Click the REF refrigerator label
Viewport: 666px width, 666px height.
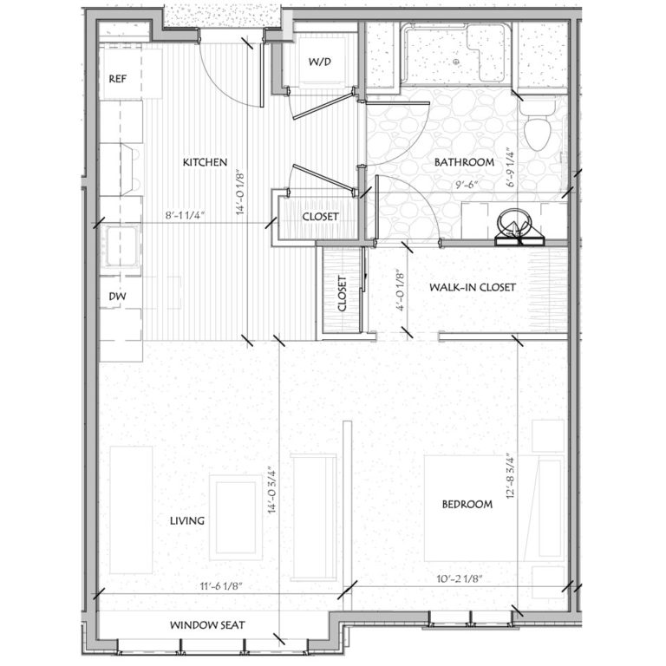(118, 80)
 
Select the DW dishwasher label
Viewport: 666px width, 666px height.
(117, 297)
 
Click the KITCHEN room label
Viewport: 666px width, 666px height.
(205, 162)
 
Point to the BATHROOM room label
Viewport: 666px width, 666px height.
(464, 162)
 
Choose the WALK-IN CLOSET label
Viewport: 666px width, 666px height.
(473, 287)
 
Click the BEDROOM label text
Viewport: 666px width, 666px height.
(467, 504)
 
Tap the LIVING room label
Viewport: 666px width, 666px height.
(187, 521)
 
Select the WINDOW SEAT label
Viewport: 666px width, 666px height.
(207, 624)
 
